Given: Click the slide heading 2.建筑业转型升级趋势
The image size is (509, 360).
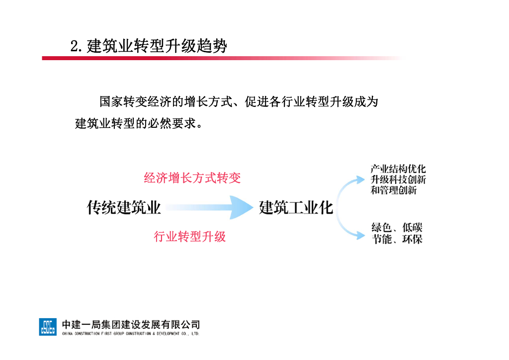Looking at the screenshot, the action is coord(149,46).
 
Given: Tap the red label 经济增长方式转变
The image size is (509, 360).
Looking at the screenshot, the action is coord(192,178).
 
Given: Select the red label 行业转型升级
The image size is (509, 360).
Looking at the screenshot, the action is coord(190,237).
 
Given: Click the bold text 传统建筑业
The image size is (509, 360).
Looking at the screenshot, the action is coord(124,207).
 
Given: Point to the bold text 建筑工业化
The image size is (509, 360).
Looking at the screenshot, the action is coord(296,207).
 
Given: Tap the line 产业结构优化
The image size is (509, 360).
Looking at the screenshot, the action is coord(398,169).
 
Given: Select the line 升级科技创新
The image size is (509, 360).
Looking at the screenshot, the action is coord(398,180).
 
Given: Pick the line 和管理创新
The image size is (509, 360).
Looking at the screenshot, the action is coord(393,190).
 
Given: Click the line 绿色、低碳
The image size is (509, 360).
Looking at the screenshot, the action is coord(397,228).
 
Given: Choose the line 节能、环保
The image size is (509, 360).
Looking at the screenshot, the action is coord(397,240).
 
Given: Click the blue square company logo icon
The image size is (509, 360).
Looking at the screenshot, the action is coord(48,326).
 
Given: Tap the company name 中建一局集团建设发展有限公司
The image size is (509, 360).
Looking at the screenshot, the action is coord(131,324).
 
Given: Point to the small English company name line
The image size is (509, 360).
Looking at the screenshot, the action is coord(131,334).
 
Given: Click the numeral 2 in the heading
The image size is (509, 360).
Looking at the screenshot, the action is coord(75,47).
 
